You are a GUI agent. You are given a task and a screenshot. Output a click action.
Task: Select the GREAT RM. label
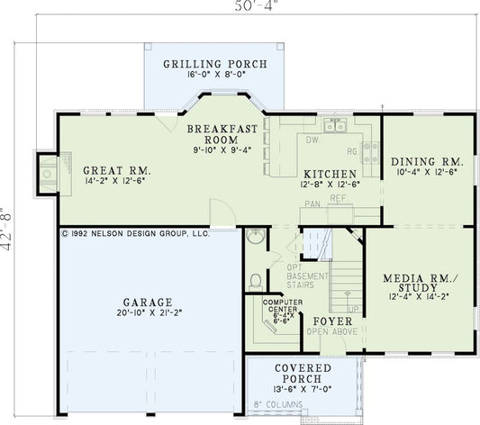pyautogui.click(x=117, y=170)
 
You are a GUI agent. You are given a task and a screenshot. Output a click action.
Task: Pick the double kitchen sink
pyautogui.click(x=337, y=126)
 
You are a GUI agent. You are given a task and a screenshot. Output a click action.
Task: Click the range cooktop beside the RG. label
pyautogui.click(x=369, y=150)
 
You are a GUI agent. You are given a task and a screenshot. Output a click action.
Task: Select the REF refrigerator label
pyautogui.click(x=339, y=197)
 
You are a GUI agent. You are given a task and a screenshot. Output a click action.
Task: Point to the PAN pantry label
pyautogui.click(x=312, y=204)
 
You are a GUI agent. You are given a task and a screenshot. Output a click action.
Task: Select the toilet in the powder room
pyautogui.click(x=255, y=281)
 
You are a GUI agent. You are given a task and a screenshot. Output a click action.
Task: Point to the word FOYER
pyautogui.click(x=331, y=321)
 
